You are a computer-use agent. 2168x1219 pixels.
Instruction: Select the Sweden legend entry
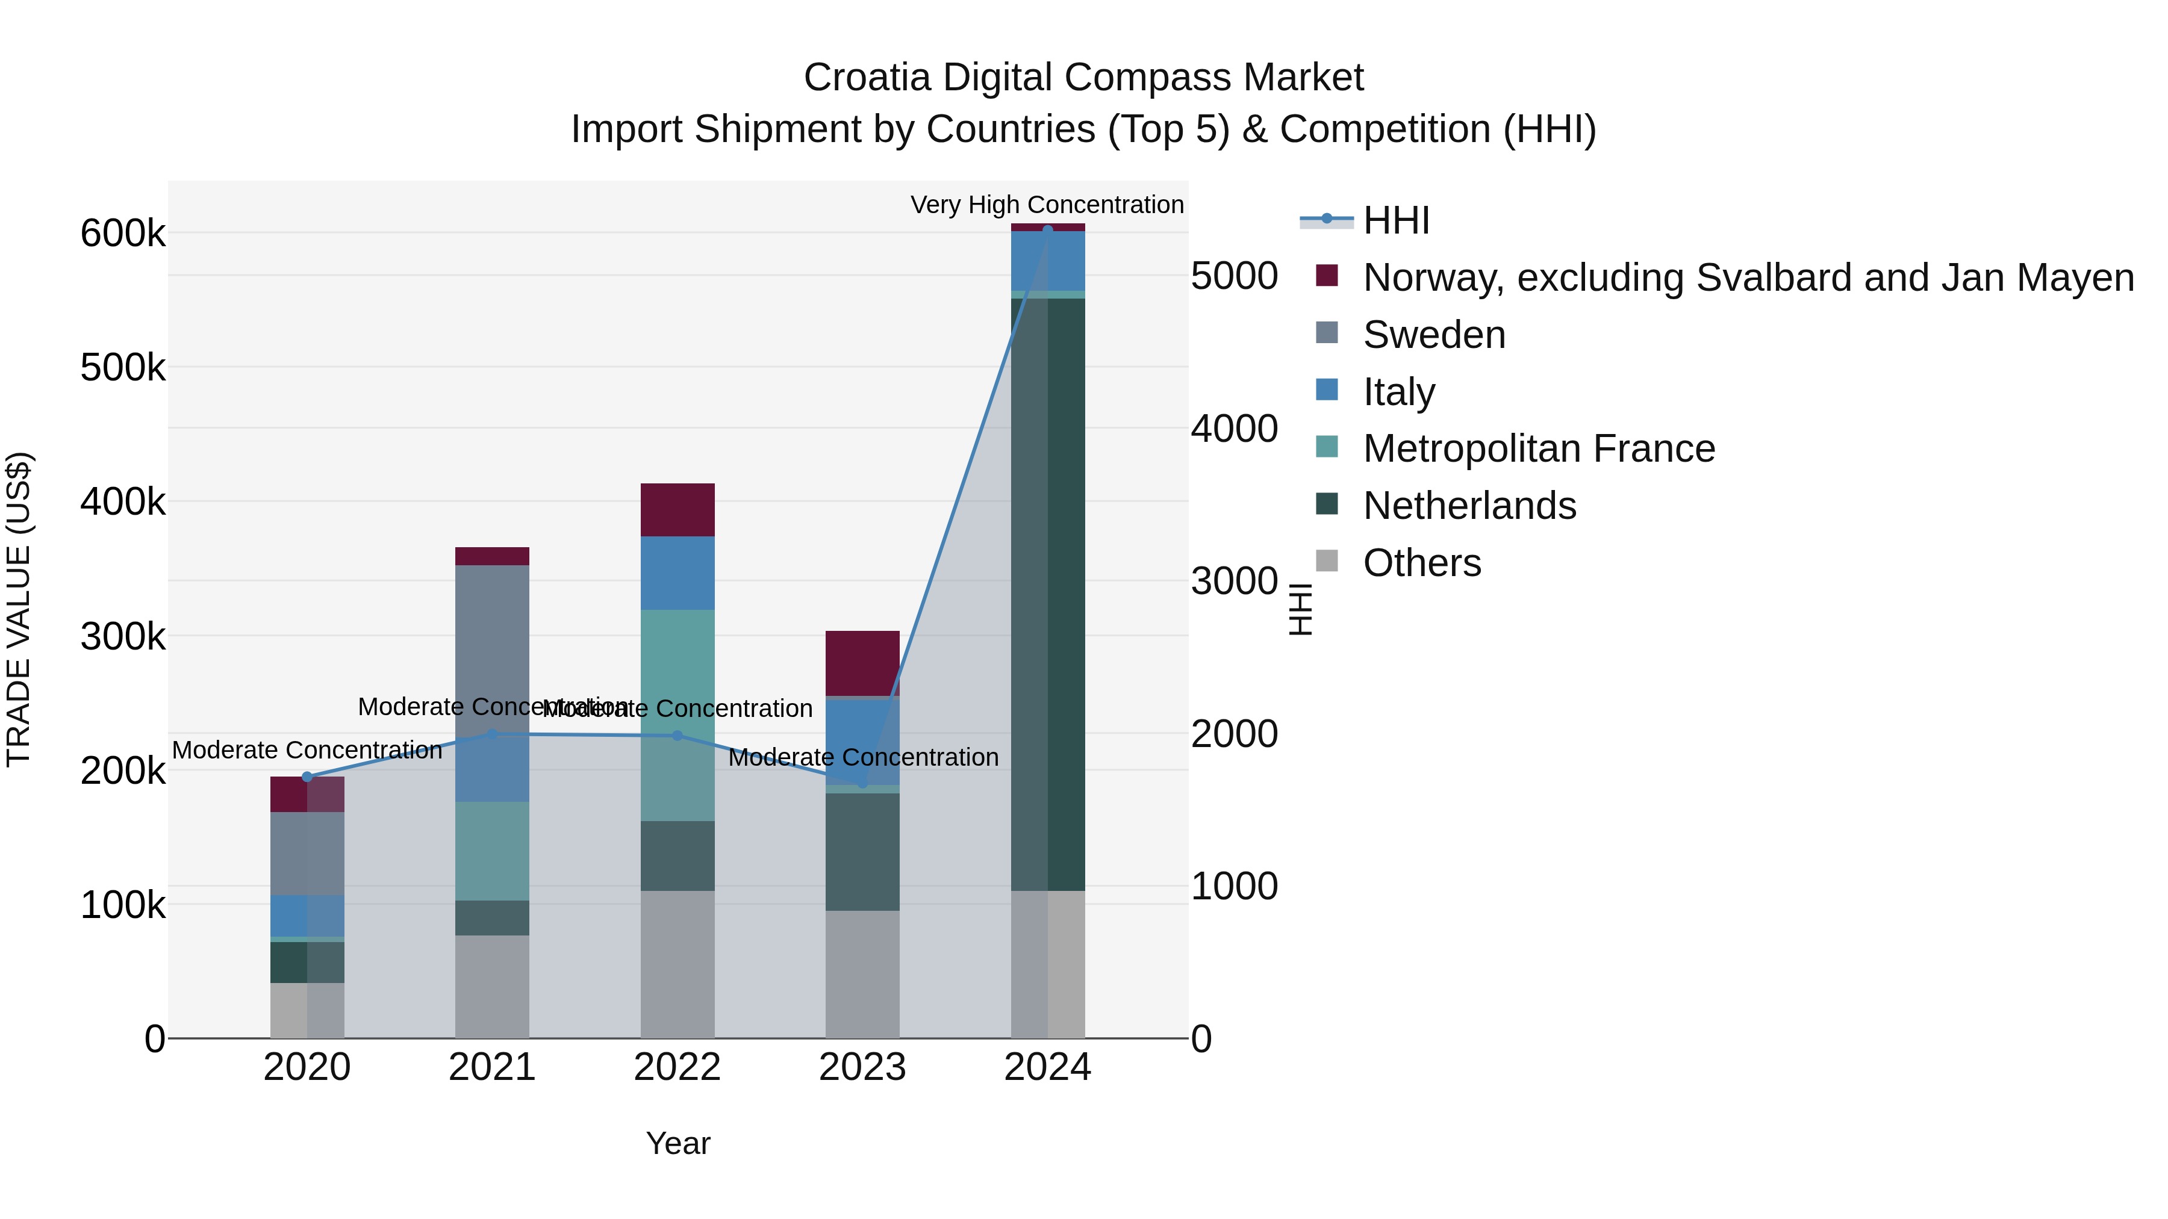[1433, 335]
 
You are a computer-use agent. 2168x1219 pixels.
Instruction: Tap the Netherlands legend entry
[1469, 506]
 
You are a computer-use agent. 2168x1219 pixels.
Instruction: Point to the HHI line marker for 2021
[493, 734]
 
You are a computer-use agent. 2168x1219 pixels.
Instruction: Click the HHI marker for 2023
[862, 783]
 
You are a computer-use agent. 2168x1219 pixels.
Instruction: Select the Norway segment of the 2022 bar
[677, 510]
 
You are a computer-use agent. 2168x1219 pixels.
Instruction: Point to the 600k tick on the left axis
[123, 233]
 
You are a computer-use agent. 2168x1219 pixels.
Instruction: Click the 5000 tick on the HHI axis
[1235, 276]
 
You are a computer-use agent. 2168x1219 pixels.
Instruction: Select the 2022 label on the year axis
[677, 1067]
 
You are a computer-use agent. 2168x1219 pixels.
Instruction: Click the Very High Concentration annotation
[1047, 205]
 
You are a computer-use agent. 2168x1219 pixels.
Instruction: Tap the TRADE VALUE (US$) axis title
[19, 609]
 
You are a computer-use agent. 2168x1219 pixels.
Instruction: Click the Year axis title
[677, 1143]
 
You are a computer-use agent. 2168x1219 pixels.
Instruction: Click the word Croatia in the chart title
[867, 78]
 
